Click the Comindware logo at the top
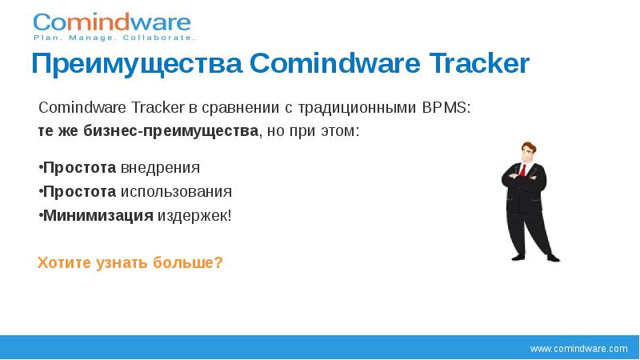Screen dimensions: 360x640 click(112, 22)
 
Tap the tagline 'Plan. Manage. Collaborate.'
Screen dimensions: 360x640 click(113, 38)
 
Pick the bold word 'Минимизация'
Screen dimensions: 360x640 click(98, 215)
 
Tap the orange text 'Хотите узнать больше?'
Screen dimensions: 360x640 click(130, 262)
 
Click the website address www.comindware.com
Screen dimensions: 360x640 click(579, 349)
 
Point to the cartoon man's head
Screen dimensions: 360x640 click(528, 151)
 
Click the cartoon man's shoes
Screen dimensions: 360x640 click(531, 257)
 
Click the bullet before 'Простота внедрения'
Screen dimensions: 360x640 click(40, 168)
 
